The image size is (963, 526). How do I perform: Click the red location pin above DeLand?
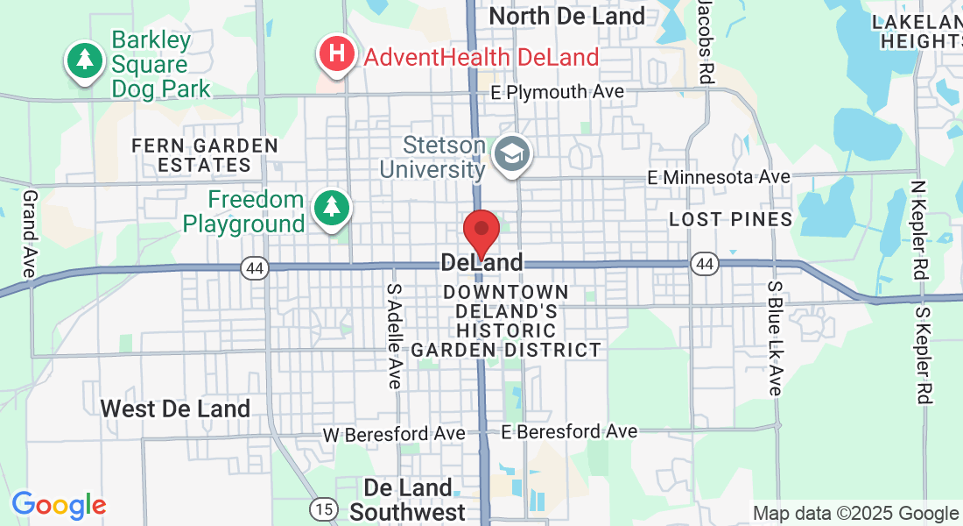(481, 230)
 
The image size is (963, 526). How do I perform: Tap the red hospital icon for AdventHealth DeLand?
(336, 54)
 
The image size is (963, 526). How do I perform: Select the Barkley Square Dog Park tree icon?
(84, 60)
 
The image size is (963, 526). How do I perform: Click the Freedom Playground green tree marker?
(331, 208)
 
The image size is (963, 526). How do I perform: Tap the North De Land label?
(566, 16)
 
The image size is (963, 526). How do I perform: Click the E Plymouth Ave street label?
(557, 92)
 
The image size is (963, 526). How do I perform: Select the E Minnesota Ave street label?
(719, 177)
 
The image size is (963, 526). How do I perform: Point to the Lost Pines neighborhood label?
(730, 219)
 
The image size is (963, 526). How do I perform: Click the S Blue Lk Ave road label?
(775, 338)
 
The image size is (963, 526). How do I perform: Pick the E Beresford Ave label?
(569, 431)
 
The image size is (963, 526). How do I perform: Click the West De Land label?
(175, 409)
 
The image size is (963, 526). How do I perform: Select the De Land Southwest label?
(408, 500)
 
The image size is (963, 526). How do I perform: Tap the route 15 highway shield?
(323, 508)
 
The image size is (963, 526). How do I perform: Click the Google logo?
(59, 505)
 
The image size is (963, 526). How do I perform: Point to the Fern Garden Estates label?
(205, 155)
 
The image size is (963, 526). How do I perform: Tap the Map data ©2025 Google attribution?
(855, 514)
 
